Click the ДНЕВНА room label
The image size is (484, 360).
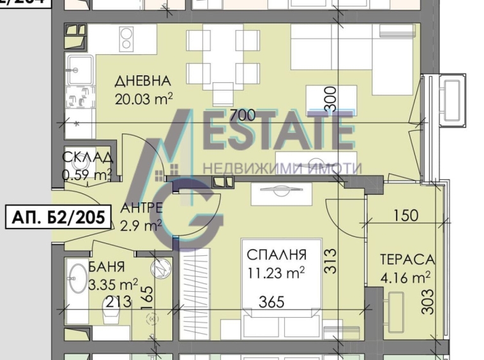pos(142,81)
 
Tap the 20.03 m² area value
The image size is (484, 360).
pos(144,98)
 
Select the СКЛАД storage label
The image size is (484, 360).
pos(88,158)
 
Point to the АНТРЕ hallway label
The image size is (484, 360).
pos(142,208)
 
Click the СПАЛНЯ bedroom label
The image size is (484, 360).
pos(276,255)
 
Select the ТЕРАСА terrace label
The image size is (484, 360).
pos(407,260)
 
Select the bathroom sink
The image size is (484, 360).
pos(77,278)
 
